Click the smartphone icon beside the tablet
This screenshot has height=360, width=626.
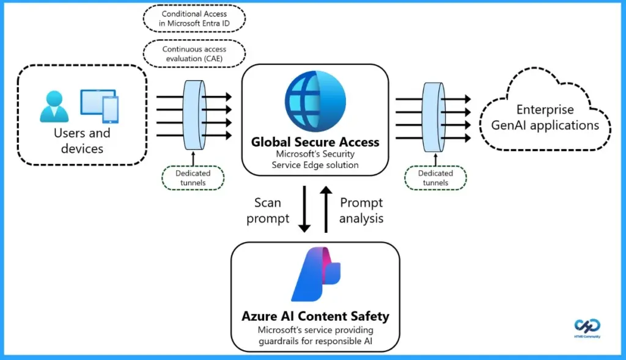(x=111, y=109)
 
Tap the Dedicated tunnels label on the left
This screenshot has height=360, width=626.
(x=193, y=178)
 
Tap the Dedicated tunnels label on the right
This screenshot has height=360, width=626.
(x=435, y=178)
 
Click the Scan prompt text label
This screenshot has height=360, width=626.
(x=268, y=210)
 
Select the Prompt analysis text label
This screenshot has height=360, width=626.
(x=361, y=210)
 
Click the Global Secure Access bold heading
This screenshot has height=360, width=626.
(x=315, y=142)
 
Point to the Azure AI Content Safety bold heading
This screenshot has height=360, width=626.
(x=315, y=317)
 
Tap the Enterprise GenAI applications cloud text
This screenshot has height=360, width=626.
(x=545, y=118)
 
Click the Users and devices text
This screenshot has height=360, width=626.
(x=82, y=141)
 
